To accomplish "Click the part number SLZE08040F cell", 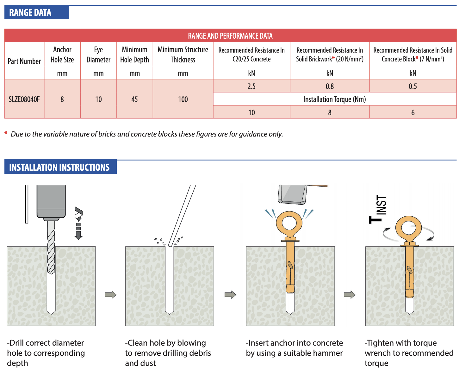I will (24, 99).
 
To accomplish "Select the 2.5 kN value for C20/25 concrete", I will (251, 86).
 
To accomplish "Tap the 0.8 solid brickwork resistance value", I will (330, 86).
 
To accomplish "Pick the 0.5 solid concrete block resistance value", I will (412, 86).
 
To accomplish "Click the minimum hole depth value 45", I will (134, 99).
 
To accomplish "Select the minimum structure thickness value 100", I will (183, 99).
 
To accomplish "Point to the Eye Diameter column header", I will (98, 54).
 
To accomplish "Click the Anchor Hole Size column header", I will (62, 54).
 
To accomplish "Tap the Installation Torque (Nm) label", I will (334, 99).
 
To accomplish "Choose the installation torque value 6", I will (412, 112).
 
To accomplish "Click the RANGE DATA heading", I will (30, 13).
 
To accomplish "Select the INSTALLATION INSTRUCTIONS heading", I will (59, 167).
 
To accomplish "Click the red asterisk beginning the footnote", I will (6, 134).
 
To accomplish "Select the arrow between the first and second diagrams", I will (111, 295).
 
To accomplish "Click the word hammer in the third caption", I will (328, 353).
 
